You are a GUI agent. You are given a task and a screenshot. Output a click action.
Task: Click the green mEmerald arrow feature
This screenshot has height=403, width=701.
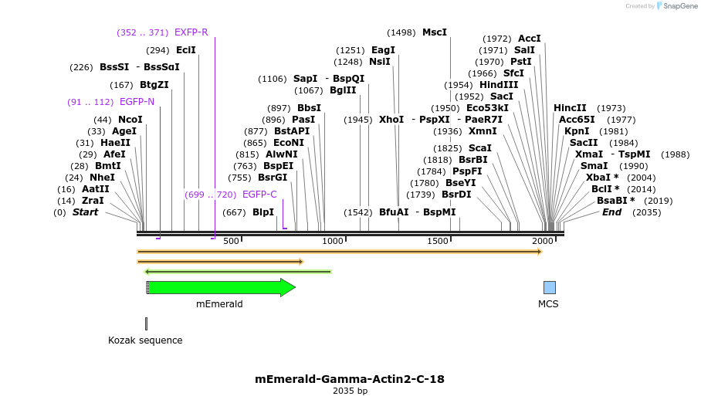click(x=220, y=287)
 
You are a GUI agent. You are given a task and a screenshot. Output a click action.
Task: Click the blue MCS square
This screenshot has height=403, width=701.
click(x=550, y=287)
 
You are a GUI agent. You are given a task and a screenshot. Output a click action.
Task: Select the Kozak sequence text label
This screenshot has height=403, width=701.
click(x=145, y=340)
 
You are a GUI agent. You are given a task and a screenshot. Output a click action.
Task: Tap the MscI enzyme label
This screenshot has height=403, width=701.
click(x=435, y=32)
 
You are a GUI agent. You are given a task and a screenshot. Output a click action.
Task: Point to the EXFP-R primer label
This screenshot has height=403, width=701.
click(x=191, y=32)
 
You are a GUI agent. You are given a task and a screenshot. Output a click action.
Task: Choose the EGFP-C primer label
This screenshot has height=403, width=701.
click(x=259, y=195)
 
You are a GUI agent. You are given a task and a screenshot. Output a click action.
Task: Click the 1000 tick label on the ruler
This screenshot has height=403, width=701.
click(x=333, y=242)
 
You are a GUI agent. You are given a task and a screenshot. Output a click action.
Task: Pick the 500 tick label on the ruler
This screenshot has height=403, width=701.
click(x=231, y=242)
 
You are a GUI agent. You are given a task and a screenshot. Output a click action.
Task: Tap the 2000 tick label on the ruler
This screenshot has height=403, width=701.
click(x=542, y=242)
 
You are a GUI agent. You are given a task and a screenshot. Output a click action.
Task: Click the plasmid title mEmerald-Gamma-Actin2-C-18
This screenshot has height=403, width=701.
click(x=350, y=379)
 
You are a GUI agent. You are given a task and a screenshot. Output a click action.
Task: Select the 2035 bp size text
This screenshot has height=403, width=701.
click(x=350, y=391)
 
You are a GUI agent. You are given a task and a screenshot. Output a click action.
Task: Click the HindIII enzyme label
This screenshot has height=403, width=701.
click(x=499, y=85)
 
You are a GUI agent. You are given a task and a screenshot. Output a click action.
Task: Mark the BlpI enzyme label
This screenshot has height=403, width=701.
click(x=263, y=212)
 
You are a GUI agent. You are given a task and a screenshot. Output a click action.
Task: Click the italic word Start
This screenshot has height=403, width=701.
click(x=86, y=212)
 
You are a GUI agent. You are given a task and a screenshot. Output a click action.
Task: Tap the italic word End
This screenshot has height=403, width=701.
click(x=611, y=212)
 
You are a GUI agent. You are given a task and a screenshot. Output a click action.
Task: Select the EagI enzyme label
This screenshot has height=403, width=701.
click(x=383, y=50)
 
